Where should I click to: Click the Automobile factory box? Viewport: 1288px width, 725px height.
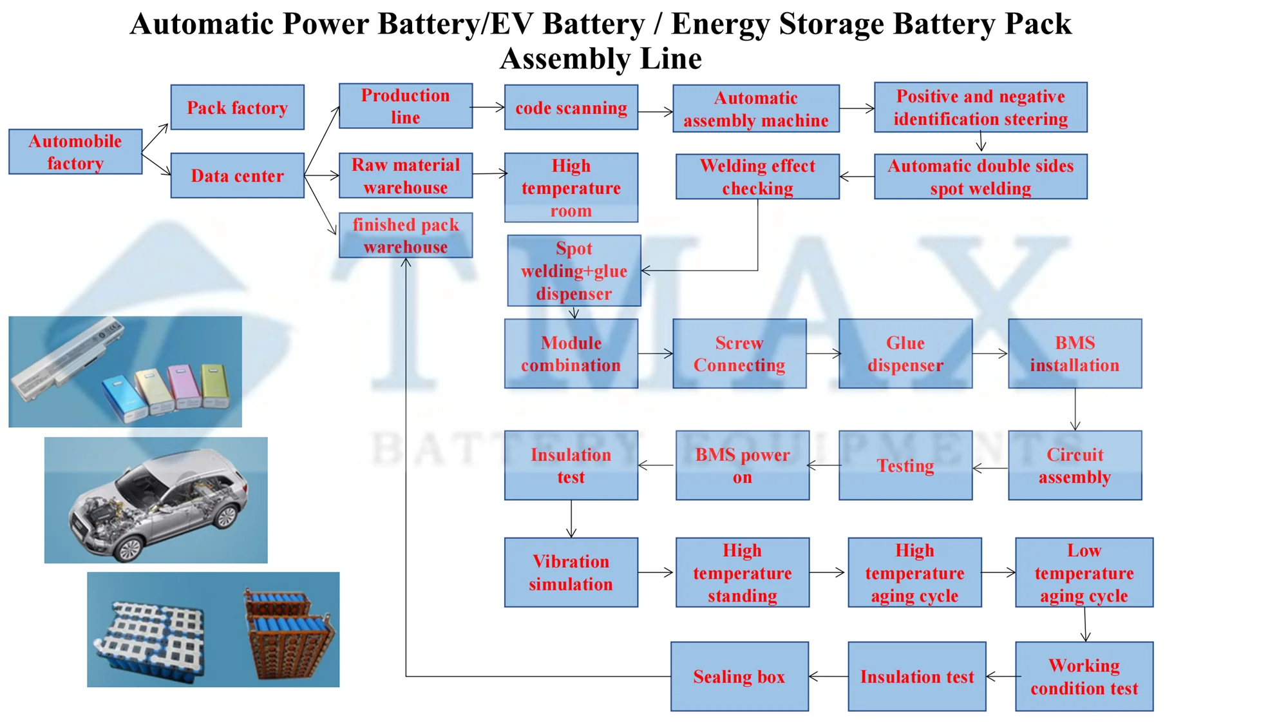(75, 151)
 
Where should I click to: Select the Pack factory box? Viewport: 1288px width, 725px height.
(237, 107)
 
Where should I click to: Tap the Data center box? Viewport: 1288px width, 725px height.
(237, 175)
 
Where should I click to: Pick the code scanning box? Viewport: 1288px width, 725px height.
(571, 107)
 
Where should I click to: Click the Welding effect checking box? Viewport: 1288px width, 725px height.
(757, 176)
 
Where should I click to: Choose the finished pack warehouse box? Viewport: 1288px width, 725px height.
(406, 235)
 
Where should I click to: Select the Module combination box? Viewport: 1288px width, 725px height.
(571, 353)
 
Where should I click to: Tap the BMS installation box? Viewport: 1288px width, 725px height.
(1075, 353)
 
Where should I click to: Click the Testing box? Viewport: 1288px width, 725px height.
(905, 465)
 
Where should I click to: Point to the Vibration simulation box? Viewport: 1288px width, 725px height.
(571, 572)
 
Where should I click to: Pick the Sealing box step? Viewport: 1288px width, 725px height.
(739, 676)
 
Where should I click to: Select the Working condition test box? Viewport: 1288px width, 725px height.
(1084, 676)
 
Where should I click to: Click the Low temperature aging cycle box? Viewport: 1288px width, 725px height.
(1084, 572)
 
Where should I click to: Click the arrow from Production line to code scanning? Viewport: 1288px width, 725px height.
(488, 108)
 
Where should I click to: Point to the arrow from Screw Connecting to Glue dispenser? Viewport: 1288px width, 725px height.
(823, 353)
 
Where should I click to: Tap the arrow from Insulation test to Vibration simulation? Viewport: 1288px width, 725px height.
(571, 519)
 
